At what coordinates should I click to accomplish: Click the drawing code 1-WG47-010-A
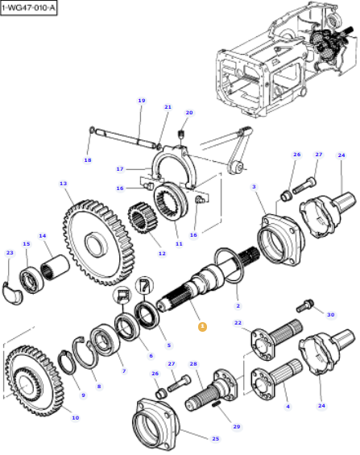(30, 8)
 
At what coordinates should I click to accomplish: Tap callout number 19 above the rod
(141, 101)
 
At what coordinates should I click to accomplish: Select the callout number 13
(63, 184)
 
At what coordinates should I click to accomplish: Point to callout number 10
(75, 417)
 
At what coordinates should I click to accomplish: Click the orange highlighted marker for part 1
(202, 326)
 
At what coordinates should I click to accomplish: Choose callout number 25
(215, 438)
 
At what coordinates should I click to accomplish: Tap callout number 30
(329, 314)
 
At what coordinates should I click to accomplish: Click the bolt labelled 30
(305, 305)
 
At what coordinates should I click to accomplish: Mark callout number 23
(10, 253)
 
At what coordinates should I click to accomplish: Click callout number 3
(254, 188)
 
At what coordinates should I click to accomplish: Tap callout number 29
(236, 426)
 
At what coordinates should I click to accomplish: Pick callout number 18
(88, 160)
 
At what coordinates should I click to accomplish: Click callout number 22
(238, 323)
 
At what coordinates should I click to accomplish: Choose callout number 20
(189, 113)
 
